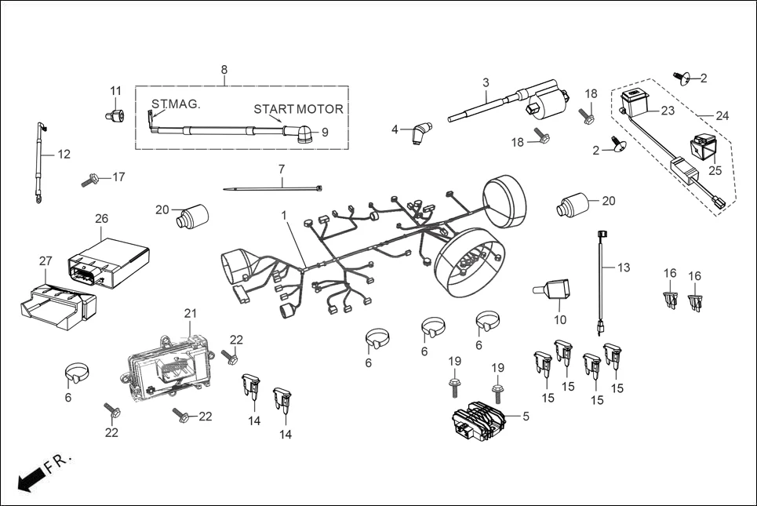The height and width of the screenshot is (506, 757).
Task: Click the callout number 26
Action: (x=101, y=219)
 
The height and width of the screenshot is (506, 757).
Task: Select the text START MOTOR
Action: (x=298, y=109)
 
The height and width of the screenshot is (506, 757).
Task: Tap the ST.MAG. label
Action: (x=176, y=104)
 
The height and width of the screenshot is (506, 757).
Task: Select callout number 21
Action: (x=189, y=314)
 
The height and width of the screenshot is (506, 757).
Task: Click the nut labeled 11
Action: (x=114, y=116)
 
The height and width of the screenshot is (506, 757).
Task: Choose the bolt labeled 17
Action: (x=89, y=181)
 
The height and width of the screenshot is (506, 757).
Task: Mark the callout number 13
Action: (x=624, y=268)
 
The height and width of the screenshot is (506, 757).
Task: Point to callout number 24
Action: (x=722, y=116)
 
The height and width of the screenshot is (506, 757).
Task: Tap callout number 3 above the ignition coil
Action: (x=486, y=82)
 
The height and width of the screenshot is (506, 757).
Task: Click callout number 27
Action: (x=45, y=260)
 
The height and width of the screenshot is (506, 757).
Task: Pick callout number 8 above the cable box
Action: (x=224, y=70)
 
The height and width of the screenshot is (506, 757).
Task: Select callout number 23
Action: (x=668, y=111)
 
